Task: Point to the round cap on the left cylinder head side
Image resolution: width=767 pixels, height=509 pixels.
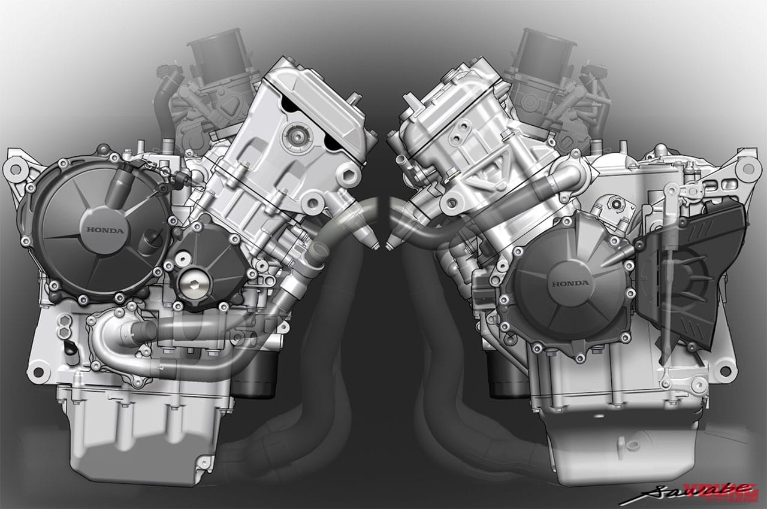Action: (x=295, y=134)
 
